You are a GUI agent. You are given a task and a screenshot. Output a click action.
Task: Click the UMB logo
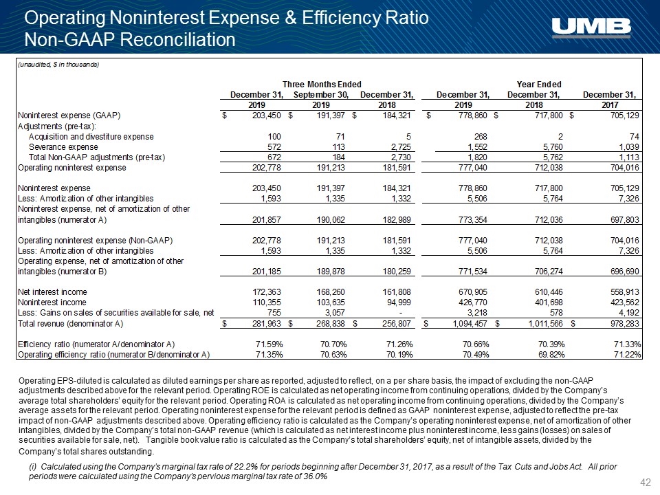591,27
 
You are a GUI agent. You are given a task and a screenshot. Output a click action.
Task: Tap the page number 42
645,483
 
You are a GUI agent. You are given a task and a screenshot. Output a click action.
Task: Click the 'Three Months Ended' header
322,84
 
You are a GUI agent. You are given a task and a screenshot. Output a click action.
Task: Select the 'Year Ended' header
539,84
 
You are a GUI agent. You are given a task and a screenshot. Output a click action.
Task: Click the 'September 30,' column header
321,95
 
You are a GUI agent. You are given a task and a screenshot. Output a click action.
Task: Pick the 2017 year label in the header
610,104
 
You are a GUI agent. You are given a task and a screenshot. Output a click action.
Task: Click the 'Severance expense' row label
63,147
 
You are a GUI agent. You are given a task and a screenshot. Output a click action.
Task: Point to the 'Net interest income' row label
52,291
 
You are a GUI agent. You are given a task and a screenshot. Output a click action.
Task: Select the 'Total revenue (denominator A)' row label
70,324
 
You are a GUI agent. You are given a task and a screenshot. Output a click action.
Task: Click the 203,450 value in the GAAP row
267,115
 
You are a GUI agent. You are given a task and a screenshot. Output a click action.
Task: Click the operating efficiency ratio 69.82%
551,355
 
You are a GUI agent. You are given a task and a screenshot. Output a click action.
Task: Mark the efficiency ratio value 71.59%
269,344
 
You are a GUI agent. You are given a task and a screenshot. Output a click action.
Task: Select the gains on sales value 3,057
334,312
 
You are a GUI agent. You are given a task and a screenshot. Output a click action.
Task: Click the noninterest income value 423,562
624,302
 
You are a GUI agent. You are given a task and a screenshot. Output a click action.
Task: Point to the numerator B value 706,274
548,272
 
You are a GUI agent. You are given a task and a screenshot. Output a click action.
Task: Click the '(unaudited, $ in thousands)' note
58,65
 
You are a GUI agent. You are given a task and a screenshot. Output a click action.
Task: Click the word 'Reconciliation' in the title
177,40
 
